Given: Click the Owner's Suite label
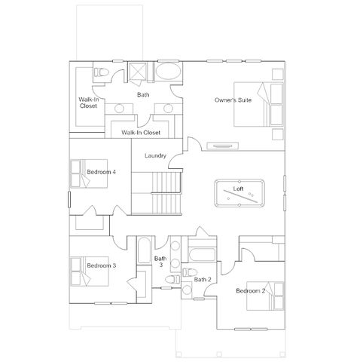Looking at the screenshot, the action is (233, 100).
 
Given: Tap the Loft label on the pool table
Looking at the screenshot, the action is (238, 189).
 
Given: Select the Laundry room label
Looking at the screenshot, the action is (155, 155).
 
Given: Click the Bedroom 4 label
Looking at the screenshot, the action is (101, 172).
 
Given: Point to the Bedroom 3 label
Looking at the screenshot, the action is (102, 265).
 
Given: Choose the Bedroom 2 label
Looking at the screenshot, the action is (250, 291).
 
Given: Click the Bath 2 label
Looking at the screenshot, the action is (203, 279).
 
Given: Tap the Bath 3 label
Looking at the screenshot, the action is (160, 262).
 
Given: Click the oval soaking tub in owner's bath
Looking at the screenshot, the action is (168, 71).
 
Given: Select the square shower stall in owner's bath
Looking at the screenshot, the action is (137, 71).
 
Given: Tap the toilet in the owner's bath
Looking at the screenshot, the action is (101, 72).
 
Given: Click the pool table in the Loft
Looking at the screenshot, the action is (239, 193).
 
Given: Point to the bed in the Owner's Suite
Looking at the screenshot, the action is (258, 104).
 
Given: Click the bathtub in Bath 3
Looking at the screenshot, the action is (144, 250).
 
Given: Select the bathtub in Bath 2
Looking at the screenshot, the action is (202, 255).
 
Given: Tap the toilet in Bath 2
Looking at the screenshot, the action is (190, 272).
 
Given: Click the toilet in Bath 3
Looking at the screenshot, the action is (172, 279).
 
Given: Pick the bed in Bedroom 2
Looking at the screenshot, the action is (265, 296).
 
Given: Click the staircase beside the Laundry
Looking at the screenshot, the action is (157, 193).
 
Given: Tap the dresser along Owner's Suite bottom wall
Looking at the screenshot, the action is (222, 146).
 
